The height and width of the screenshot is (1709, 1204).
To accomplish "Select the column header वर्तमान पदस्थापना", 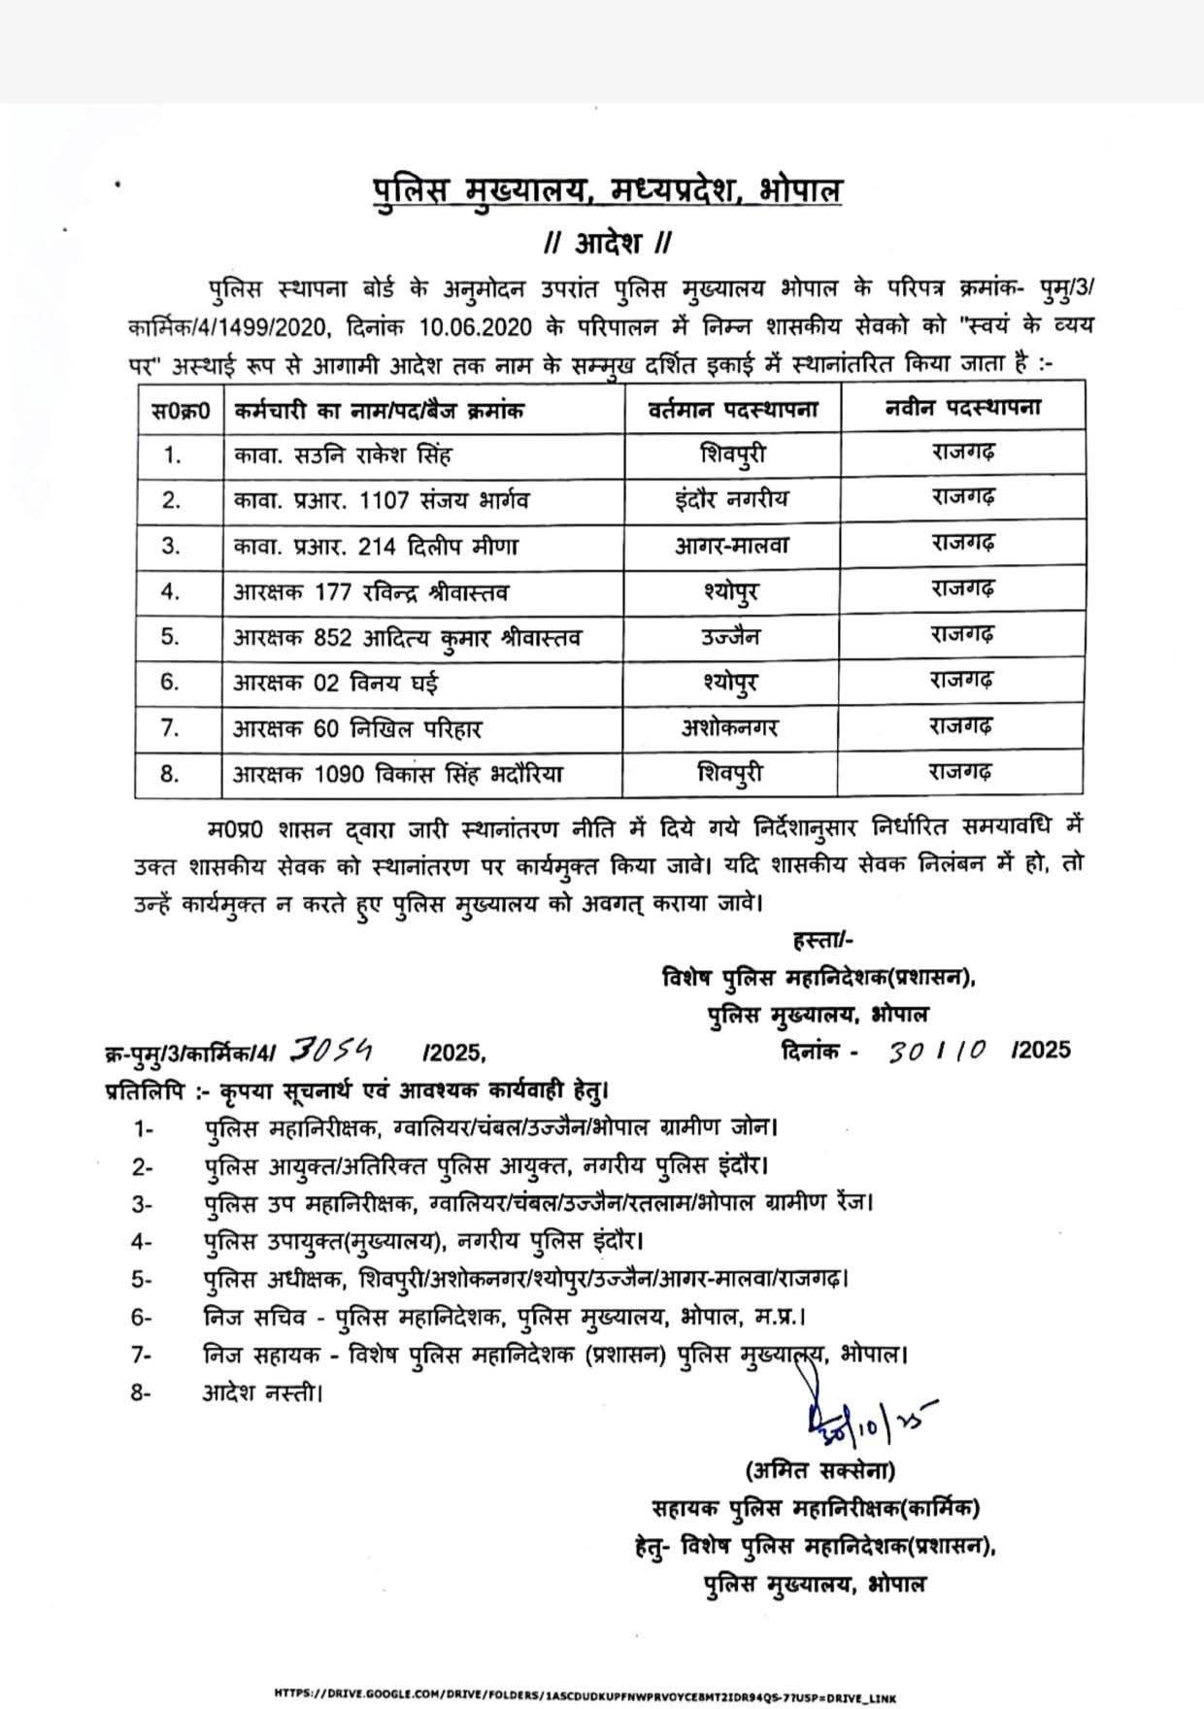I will coord(734,409).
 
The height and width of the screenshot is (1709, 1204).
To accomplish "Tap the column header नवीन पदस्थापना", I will coord(962,408).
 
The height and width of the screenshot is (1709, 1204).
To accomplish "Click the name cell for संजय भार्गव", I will coord(382,500).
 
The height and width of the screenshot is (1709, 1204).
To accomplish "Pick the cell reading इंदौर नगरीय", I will coord(732,500).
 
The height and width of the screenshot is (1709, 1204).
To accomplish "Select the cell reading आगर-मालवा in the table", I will coord(732,546).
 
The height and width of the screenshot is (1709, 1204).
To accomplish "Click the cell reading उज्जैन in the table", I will coord(732,637).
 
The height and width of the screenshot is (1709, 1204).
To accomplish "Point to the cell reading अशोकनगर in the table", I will coord(730,727).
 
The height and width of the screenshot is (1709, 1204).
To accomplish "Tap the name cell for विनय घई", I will coord(335,683).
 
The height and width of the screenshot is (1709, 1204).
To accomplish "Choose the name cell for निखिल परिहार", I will coord(357,728).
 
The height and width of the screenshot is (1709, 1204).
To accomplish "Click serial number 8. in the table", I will coord(171,774).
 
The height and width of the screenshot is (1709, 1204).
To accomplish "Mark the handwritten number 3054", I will coord(335,1049).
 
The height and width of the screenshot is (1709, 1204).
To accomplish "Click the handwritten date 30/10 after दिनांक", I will coord(937,1050).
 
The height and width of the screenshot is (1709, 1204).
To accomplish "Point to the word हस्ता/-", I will coord(823,940).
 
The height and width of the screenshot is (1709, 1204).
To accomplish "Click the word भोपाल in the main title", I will coord(801,190).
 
